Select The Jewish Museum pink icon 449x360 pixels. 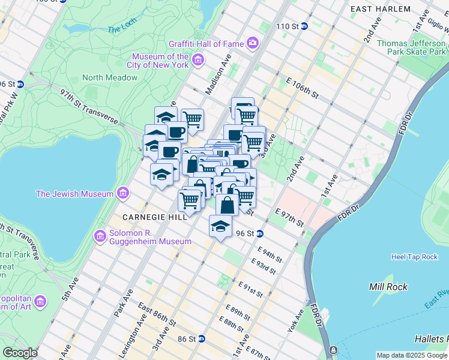(123, 193)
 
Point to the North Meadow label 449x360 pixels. (110, 77)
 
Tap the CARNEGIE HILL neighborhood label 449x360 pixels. (155, 217)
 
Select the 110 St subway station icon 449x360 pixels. (304, 26)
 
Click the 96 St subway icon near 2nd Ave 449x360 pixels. (260, 233)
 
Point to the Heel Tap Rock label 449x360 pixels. (414, 257)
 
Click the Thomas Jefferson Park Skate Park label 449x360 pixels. (411, 47)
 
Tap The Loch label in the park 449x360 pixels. (122, 29)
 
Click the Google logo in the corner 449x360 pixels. (20, 353)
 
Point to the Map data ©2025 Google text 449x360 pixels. (412, 355)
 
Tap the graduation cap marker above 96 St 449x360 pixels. (220, 226)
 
